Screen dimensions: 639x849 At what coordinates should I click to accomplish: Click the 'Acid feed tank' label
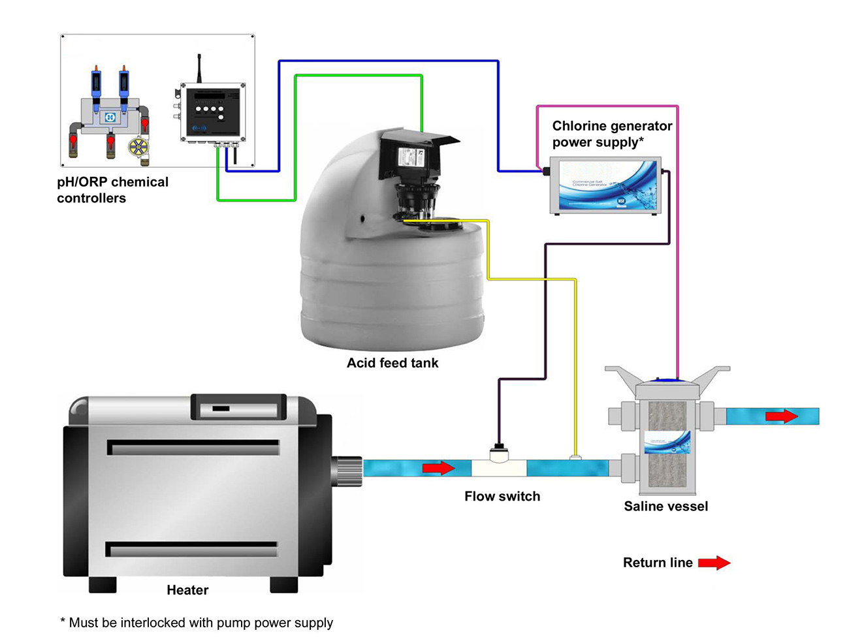point(392,363)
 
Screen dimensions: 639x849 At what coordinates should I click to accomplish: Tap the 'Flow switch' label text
point(502,496)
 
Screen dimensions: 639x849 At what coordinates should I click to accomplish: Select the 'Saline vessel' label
point(665,506)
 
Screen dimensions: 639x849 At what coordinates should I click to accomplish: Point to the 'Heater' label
point(187,590)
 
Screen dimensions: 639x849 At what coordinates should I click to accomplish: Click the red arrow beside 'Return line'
point(714,563)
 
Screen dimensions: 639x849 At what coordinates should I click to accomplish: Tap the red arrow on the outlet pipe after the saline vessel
point(781,416)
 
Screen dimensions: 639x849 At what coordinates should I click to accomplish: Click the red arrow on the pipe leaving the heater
point(438,468)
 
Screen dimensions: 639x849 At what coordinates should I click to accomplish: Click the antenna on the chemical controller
point(199,69)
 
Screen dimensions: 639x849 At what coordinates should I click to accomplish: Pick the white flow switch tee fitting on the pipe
point(500,467)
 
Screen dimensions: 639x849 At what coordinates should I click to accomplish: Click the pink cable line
point(677,228)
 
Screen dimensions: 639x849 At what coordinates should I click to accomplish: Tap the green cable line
point(358,76)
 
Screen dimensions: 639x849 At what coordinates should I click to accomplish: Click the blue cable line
point(389,61)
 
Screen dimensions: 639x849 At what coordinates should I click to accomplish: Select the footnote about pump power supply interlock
point(197,623)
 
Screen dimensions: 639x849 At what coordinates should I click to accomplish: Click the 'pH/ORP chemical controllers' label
point(112,190)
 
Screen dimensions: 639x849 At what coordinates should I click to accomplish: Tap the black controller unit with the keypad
point(213,113)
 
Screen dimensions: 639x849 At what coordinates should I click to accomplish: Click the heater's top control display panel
point(238,407)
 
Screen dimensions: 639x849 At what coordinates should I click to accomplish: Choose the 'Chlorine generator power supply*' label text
point(612,134)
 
